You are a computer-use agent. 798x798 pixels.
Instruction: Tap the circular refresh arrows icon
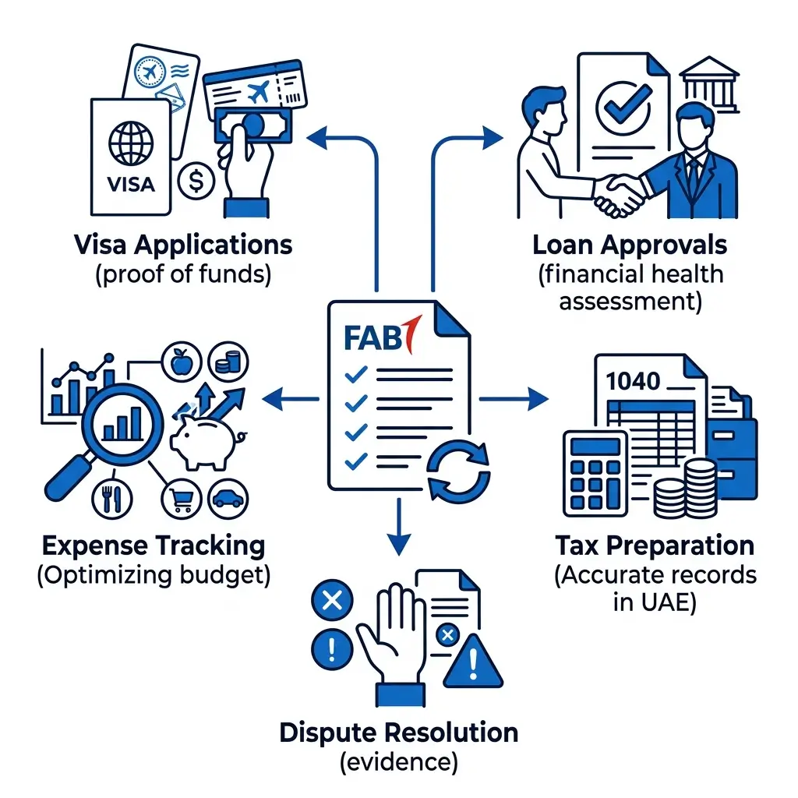pyautogui.click(x=458, y=471)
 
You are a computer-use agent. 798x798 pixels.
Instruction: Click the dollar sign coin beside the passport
pyautogui.click(x=196, y=181)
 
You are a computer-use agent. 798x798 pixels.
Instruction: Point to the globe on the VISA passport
pyautogui.click(x=131, y=143)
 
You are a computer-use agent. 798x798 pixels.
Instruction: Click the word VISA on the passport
pyautogui.click(x=131, y=184)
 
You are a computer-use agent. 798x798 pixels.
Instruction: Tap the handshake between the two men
pyautogui.click(x=618, y=194)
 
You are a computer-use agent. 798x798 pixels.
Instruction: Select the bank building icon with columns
pyautogui.click(x=709, y=85)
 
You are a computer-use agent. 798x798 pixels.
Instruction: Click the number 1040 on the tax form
pyautogui.click(x=633, y=381)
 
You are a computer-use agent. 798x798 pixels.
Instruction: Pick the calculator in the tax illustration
pyautogui.click(x=595, y=473)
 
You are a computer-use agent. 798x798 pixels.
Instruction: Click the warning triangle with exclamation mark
pyautogui.click(x=473, y=661)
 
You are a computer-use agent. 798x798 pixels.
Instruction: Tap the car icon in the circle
pyautogui.click(x=228, y=499)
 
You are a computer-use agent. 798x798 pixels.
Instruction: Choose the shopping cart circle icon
pyautogui.click(x=181, y=499)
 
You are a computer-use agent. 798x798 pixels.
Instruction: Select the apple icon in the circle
pyautogui.click(x=182, y=362)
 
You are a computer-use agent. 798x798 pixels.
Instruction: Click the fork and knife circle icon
pyautogui.click(x=112, y=499)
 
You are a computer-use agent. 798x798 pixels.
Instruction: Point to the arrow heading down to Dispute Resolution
pyautogui.click(x=399, y=526)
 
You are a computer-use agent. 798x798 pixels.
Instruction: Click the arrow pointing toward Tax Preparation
pyautogui.click(x=514, y=398)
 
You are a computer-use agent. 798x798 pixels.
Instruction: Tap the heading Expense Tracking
pyautogui.click(x=154, y=546)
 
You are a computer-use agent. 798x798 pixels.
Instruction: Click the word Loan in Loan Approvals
pyautogui.click(x=563, y=245)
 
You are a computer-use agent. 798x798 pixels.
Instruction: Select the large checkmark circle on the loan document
pyautogui.click(x=623, y=108)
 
